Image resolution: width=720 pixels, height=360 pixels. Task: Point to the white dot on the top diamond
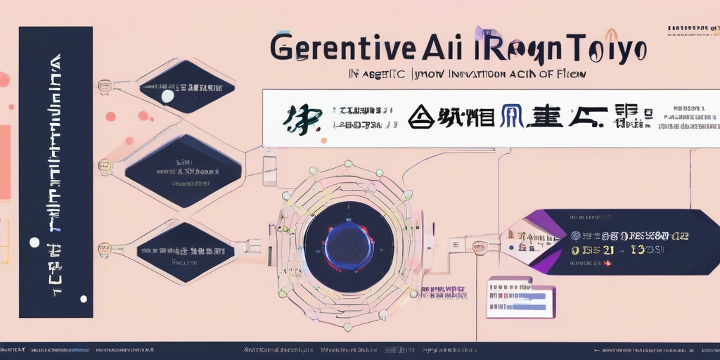pyautogui.click(x=167, y=96)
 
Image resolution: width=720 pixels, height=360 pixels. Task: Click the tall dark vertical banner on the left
pyautogui.click(x=56, y=172)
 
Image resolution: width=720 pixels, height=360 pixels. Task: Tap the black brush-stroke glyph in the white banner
pyautogui.click(x=302, y=120)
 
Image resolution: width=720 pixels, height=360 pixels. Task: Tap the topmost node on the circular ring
pyautogui.click(x=347, y=164)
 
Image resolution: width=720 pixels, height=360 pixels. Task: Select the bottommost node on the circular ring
pyautogui.click(x=347, y=327)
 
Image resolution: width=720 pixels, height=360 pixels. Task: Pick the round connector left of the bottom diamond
pyautogui.click(x=105, y=247)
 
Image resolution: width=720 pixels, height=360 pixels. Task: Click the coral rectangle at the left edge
pyautogui.click(x=5, y=162)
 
